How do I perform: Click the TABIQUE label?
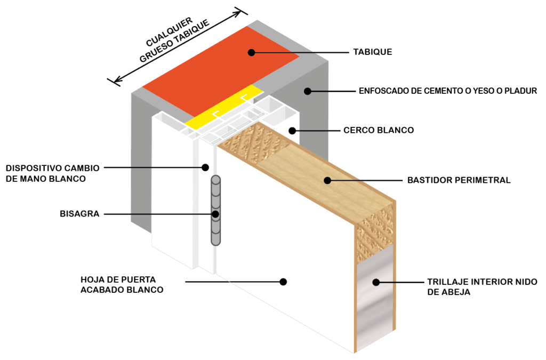pyautogui.click(x=372, y=52)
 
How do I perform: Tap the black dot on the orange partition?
pyautogui.click(x=251, y=52)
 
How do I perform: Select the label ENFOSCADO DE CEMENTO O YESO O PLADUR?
pyautogui.click(x=447, y=91)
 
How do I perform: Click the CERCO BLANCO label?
pyautogui.click(x=379, y=130)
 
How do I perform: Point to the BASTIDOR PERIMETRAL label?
pyautogui.click(x=459, y=180)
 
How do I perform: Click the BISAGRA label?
pyautogui.click(x=79, y=214)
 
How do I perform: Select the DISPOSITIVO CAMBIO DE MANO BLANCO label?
pyautogui.click(x=52, y=173)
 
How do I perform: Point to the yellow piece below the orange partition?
pyautogui.click(x=224, y=109)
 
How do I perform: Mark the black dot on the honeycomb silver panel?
pyautogui.click(x=375, y=282)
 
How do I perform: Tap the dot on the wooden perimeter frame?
pyautogui.click(x=327, y=180)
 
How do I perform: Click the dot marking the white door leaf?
pyautogui.click(x=283, y=281)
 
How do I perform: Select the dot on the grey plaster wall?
pyautogui.click(x=307, y=91)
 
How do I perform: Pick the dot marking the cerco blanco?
pyautogui.click(x=292, y=130)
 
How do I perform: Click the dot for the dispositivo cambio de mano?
pyautogui.click(x=205, y=167)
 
